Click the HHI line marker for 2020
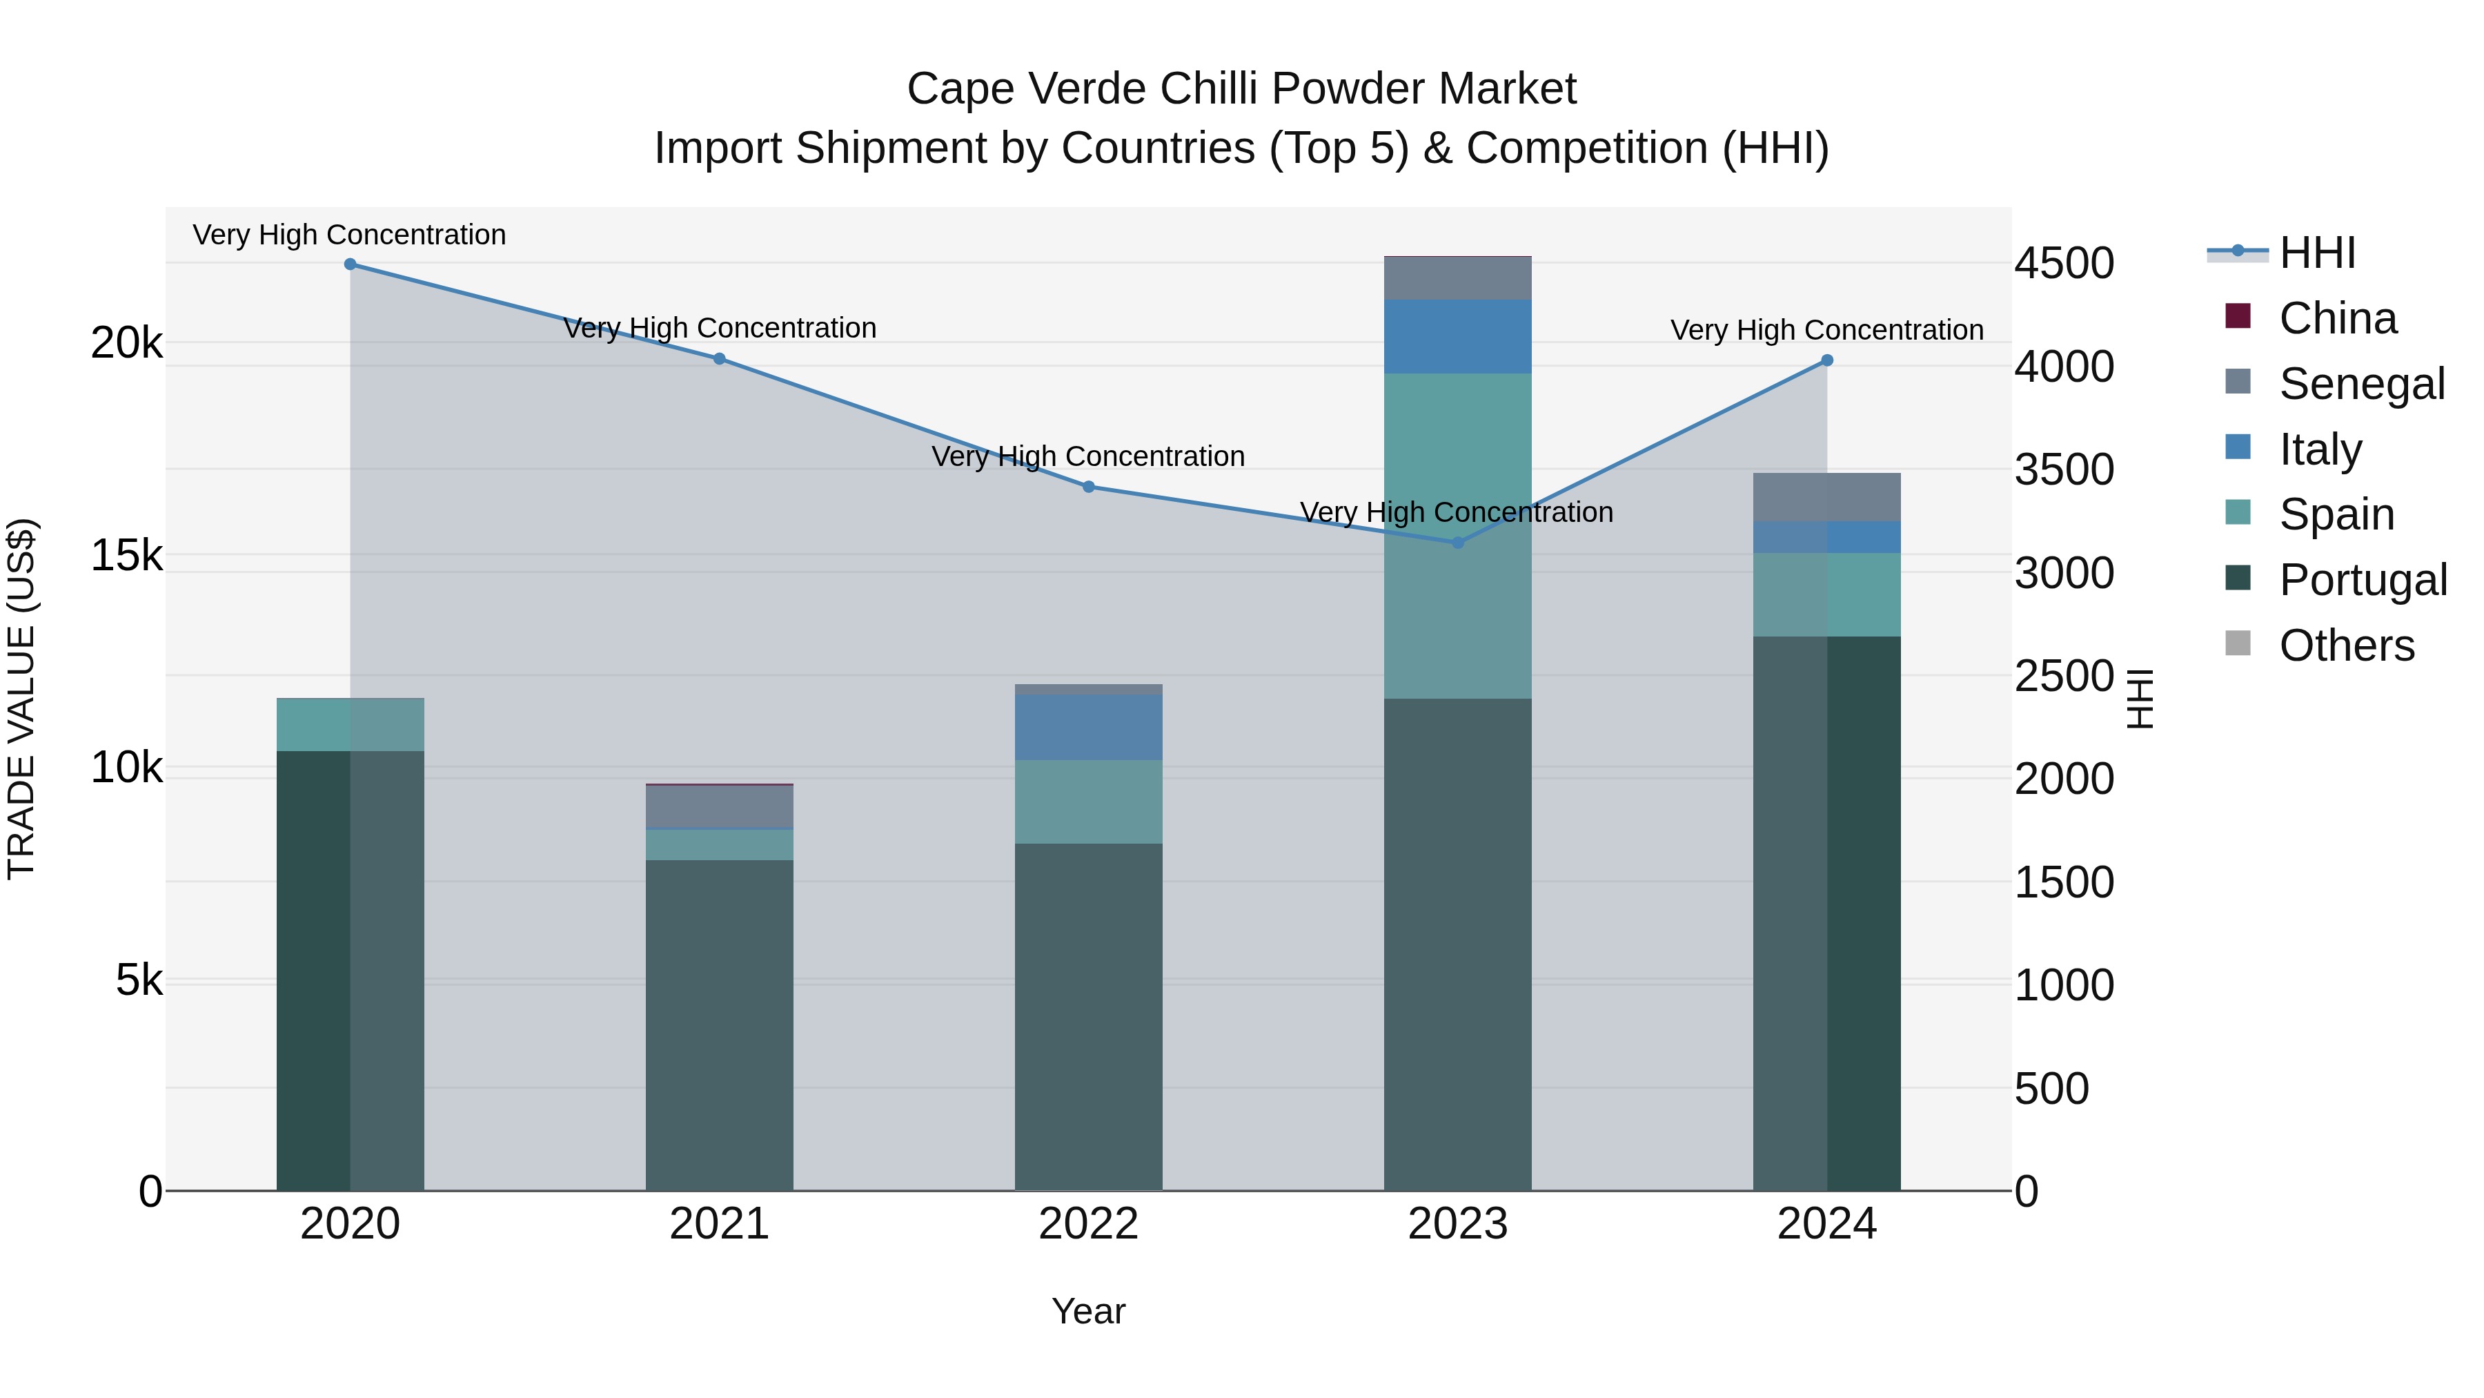click(x=350, y=264)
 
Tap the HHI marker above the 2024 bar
click(x=1827, y=361)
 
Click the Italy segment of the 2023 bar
click(x=1458, y=337)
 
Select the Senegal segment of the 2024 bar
click(x=1827, y=498)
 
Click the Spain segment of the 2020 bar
click(x=350, y=725)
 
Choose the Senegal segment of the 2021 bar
click(x=720, y=808)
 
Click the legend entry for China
click(x=2338, y=318)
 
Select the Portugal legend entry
click(x=2363, y=580)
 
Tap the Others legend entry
click(x=2346, y=645)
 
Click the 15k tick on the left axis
click(x=126, y=556)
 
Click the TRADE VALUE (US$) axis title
click(x=21, y=699)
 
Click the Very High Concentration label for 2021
click(x=720, y=328)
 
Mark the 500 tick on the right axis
click(x=2052, y=1088)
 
